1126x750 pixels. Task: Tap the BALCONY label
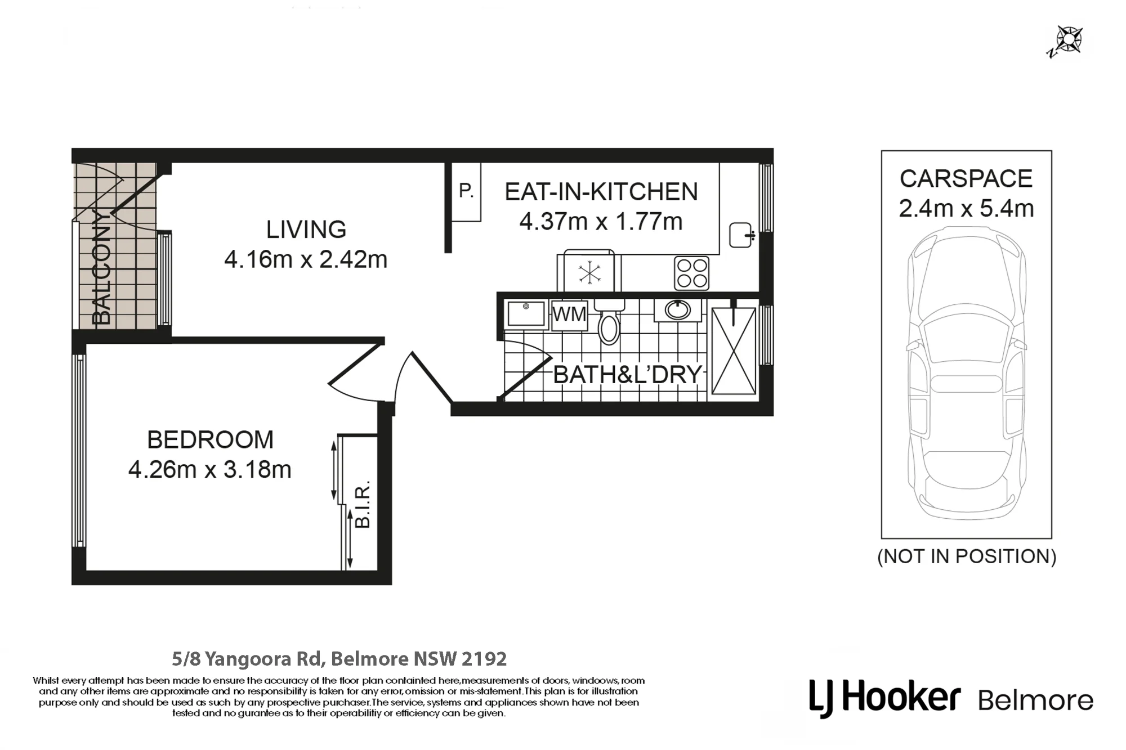pyautogui.click(x=101, y=268)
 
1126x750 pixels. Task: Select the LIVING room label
pyautogui.click(x=306, y=230)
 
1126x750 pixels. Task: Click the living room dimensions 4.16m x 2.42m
pyautogui.click(x=306, y=259)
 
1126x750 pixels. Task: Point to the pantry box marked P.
pyautogui.click(x=466, y=191)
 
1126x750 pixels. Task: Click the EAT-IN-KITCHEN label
pyautogui.click(x=601, y=192)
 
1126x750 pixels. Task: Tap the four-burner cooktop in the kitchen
pyautogui.click(x=692, y=273)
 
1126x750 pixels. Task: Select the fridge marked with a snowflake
pyautogui.click(x=589, y=271)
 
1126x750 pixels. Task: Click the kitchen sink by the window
pyautogui.click(x=741, y=235)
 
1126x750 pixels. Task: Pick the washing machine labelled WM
pyautogui.click(x=569, y=315)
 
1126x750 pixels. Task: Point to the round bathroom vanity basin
pyautogui.click(x=677, y=310)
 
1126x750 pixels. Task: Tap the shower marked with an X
pyautogui.click(x=734, y=351)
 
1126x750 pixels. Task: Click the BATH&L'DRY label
pyautogui.click(x=628, y=375)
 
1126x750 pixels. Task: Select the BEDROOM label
pyautogui.click(x=210, y=439)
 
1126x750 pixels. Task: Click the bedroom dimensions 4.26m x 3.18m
pyautogui.click(x=210, y=469)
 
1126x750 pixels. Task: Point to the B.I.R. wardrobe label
pyautogui.click(x=363, y=504)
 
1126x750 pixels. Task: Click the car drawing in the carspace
pyautogui.click(x=967, y=374)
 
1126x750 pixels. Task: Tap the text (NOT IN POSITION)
pyautogui.click(x=967, y=556)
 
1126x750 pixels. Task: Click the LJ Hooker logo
pyautogui.click(x=884, y=698)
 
